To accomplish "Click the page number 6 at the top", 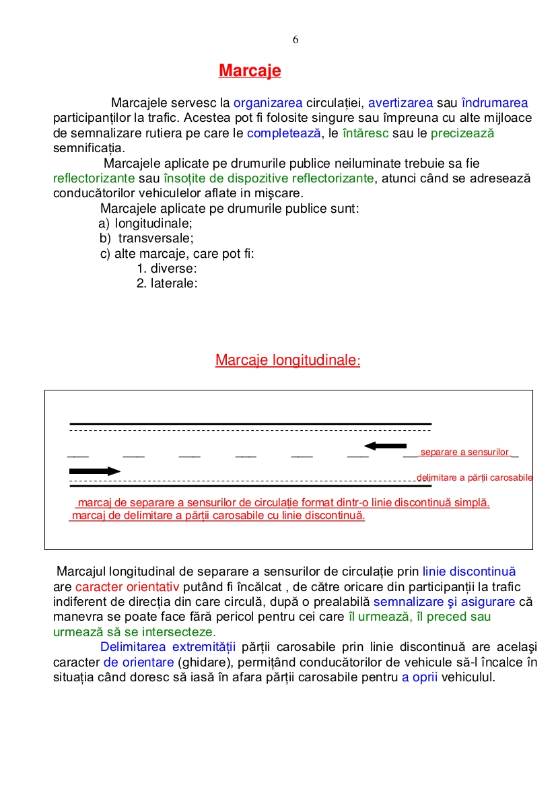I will (x=296, y=40).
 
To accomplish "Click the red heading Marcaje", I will (x=250, y=71).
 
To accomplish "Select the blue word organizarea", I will (x=268, y=103).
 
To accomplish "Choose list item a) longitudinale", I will (x=146, y=224).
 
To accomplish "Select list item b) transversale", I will (x=147, y=238).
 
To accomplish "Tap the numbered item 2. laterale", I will (x=167, y=283).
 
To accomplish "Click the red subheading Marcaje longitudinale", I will (x=287, y=360).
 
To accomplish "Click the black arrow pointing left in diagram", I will (x=385, y=446).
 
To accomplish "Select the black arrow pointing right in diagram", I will (x=94, y=471).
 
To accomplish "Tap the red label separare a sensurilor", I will (x=465, y=452).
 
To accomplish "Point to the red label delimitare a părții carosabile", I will (x=475, y=478).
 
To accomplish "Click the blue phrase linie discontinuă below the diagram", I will (x=469, y=572).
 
